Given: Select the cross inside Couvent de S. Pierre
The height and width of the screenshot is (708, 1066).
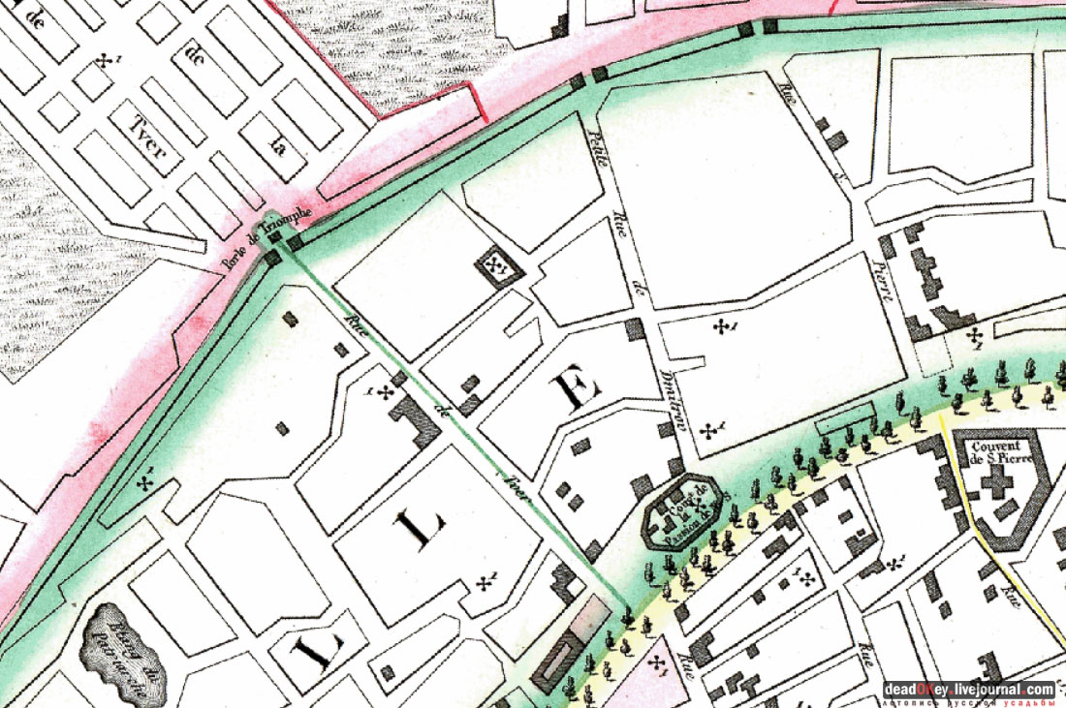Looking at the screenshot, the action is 996,488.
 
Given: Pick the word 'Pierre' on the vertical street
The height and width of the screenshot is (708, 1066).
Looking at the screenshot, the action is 881,282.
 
